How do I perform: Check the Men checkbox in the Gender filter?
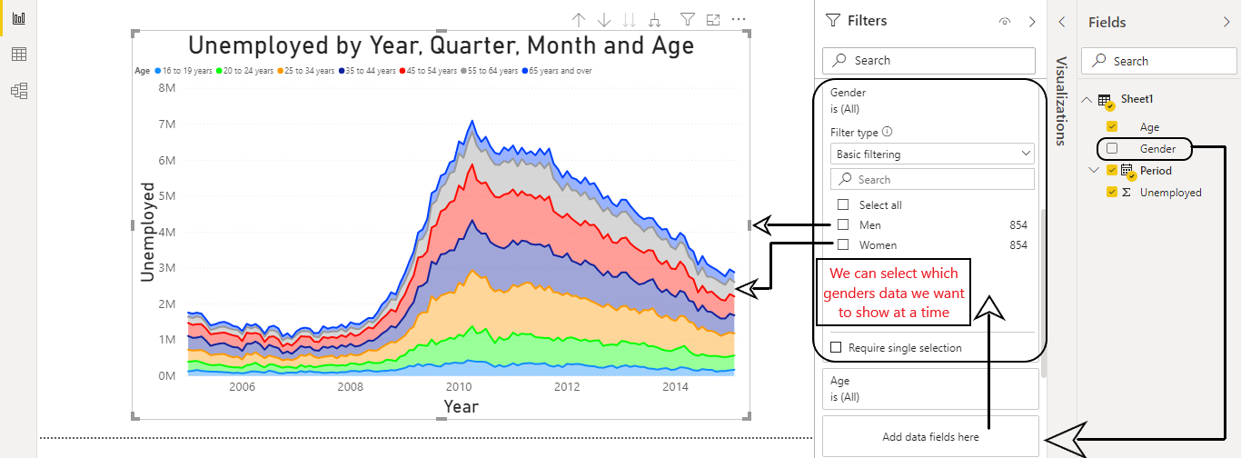[x=843, y=224]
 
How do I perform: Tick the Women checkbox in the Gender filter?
[x=843, y=244]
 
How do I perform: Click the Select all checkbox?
[x=843, y=204]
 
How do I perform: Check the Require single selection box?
[x=836, y=347]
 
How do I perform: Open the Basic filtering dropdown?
[x=932, y=154]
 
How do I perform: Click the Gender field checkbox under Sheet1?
[x=1112, y=148]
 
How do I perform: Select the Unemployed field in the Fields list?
[x=1170, y=193]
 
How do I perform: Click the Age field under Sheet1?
[x=1149, y=127]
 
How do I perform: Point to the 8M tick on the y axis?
[x=166, y=88]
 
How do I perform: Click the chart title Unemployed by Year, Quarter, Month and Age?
[x=441, y=46]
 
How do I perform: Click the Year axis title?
[x=461, y=406]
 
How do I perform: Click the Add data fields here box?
[x=930, y=436]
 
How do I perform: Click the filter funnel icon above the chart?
[x=688, y=19]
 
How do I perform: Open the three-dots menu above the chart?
[x=739, y=19]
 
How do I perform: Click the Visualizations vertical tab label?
[x=1060, y=100]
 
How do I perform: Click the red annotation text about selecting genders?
[x=895, y=293]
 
